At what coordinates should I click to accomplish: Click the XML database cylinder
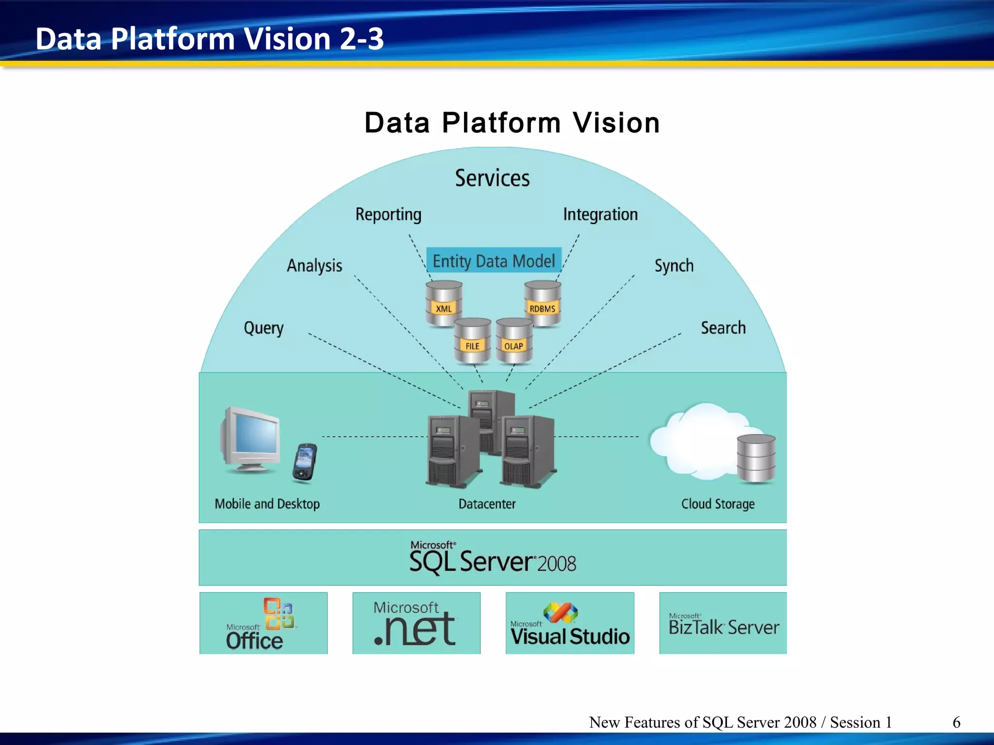click(x=444, y=303)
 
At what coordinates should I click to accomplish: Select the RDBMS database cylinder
click(x=543, y=303)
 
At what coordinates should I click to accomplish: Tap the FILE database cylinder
click(x=472, y=341)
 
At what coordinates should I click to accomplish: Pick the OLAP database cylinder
click(x=514, y=341)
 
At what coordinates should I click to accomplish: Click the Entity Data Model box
click(x=494, y=261)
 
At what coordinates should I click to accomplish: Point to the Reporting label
click(x=388, y=214)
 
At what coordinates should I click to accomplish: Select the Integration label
click(x=600, y=214)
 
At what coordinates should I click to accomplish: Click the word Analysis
click(x=315, y=266)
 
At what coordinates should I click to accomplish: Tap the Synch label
click(x=674, y=266)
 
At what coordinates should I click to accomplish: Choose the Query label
click(x=264, y=328)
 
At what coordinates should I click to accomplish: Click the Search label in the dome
click(x=723, y=328)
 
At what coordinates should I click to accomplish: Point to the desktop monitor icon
click(x=250, y=439)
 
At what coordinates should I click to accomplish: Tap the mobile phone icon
click(x=305, y=463)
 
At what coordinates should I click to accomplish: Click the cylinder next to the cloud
click(x=756, y=458)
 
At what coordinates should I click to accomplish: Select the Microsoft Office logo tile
click(x=263, y=623)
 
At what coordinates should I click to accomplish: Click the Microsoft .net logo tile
click(x=416, y=623)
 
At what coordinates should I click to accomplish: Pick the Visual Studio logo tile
click(x=570, y=623)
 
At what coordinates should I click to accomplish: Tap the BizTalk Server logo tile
click(x=723, y=623)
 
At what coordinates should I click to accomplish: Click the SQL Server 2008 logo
click(x=493, y=559)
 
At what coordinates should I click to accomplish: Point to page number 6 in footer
click(x=956, y=722)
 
